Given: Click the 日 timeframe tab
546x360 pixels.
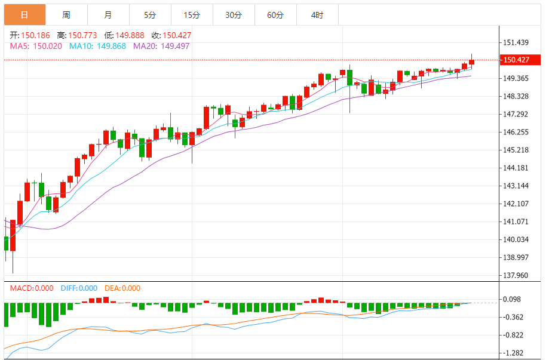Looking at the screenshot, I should [x=24, y=15].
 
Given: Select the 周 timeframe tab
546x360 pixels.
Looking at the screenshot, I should [x=66, y=15].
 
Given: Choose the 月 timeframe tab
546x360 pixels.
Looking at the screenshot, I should [x=108, y=15].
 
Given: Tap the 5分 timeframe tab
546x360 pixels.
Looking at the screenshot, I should [x=149, y=15].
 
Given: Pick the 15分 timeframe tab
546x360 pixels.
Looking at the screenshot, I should [x=191, y=15].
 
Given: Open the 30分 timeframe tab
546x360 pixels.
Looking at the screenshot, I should [x=233, y=15].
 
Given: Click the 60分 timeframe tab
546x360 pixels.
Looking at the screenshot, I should [x=275, y=15].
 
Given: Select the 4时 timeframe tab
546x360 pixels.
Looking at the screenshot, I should [x=317, y=15].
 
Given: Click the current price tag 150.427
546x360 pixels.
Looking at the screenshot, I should [x=517, y=60].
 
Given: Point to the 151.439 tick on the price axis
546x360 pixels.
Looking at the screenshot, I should [x=517, y=42].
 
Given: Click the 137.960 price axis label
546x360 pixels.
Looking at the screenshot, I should [x=517, y=275].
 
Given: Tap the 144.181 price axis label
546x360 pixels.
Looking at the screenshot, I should [x=517, y=168].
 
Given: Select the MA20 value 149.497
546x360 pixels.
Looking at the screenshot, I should [x=174, y=46].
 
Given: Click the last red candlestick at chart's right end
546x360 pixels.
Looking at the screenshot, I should [x=471, y=62].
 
